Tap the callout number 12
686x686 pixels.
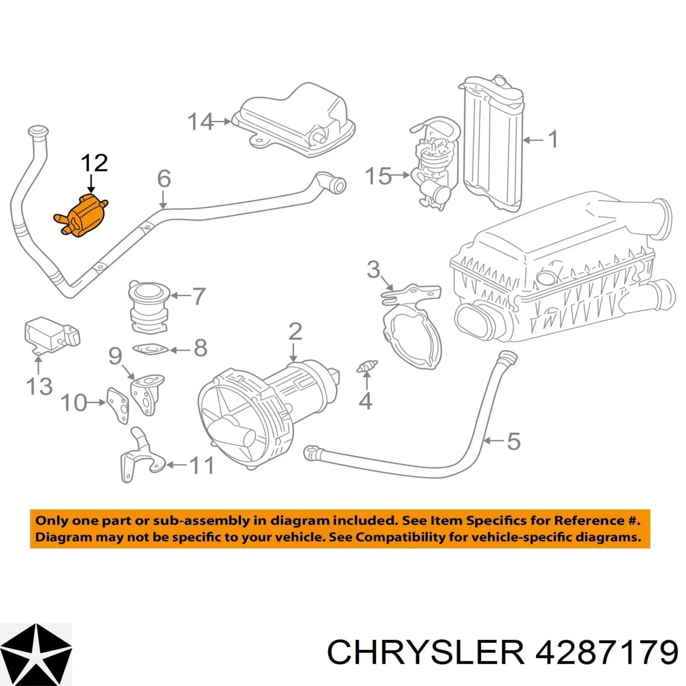pyautogui.click(x=94, y=163)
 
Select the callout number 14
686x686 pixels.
pyautogui.click(x=200, y=122)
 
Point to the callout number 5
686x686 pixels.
pyautogui.click(x=514, y=442)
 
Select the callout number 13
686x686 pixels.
pyautogui.click(x=39, y=386)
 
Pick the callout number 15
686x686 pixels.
pyautogui.click(x=378, y=176)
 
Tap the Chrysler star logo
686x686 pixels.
pyautogui.click(x=36, y=654)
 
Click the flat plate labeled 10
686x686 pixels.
pyautogui.click(x=118, y=405)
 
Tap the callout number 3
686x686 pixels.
pyautogui.click(x=373, y=270)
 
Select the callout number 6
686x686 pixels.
pyautogui.click(x=164, y=179)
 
